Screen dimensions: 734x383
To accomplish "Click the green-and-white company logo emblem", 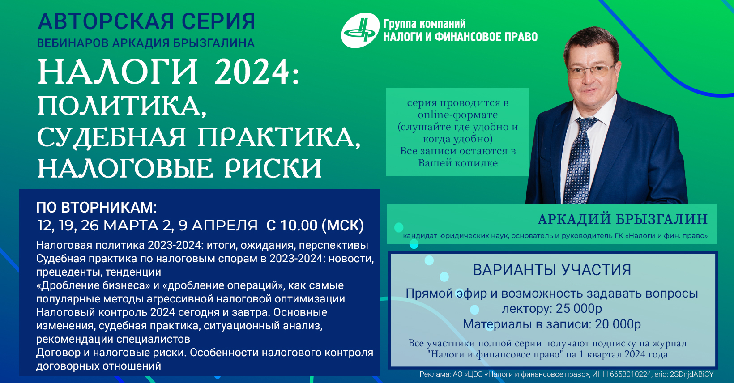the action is [x=360, y=30].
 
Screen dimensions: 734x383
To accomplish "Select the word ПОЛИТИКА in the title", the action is [x=122, y=106].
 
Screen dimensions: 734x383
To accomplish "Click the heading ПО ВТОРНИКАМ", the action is [x=96, y=208].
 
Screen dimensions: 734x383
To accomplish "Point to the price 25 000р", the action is [x=579, y=309].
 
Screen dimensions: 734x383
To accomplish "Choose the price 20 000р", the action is [x=618, y=324].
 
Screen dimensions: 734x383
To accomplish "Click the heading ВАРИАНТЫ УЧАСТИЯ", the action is [x=552, y=270].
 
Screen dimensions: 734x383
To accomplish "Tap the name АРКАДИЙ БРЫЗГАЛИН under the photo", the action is [x=623, y=219].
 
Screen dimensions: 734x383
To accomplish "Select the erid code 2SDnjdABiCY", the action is [x=691, y=374].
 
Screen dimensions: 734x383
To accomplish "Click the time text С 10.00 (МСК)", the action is [x=315, y=226].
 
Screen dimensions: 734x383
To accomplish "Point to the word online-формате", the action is [x=458, y=115].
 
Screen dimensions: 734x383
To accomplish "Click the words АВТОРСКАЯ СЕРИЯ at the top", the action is [x=146, y=21].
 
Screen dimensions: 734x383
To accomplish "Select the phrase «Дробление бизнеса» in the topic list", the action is [x=91, y=285].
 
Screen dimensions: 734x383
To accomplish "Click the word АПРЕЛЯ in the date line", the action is [x=225, y=226].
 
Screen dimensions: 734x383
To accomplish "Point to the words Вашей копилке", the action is [x=458, y=163].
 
